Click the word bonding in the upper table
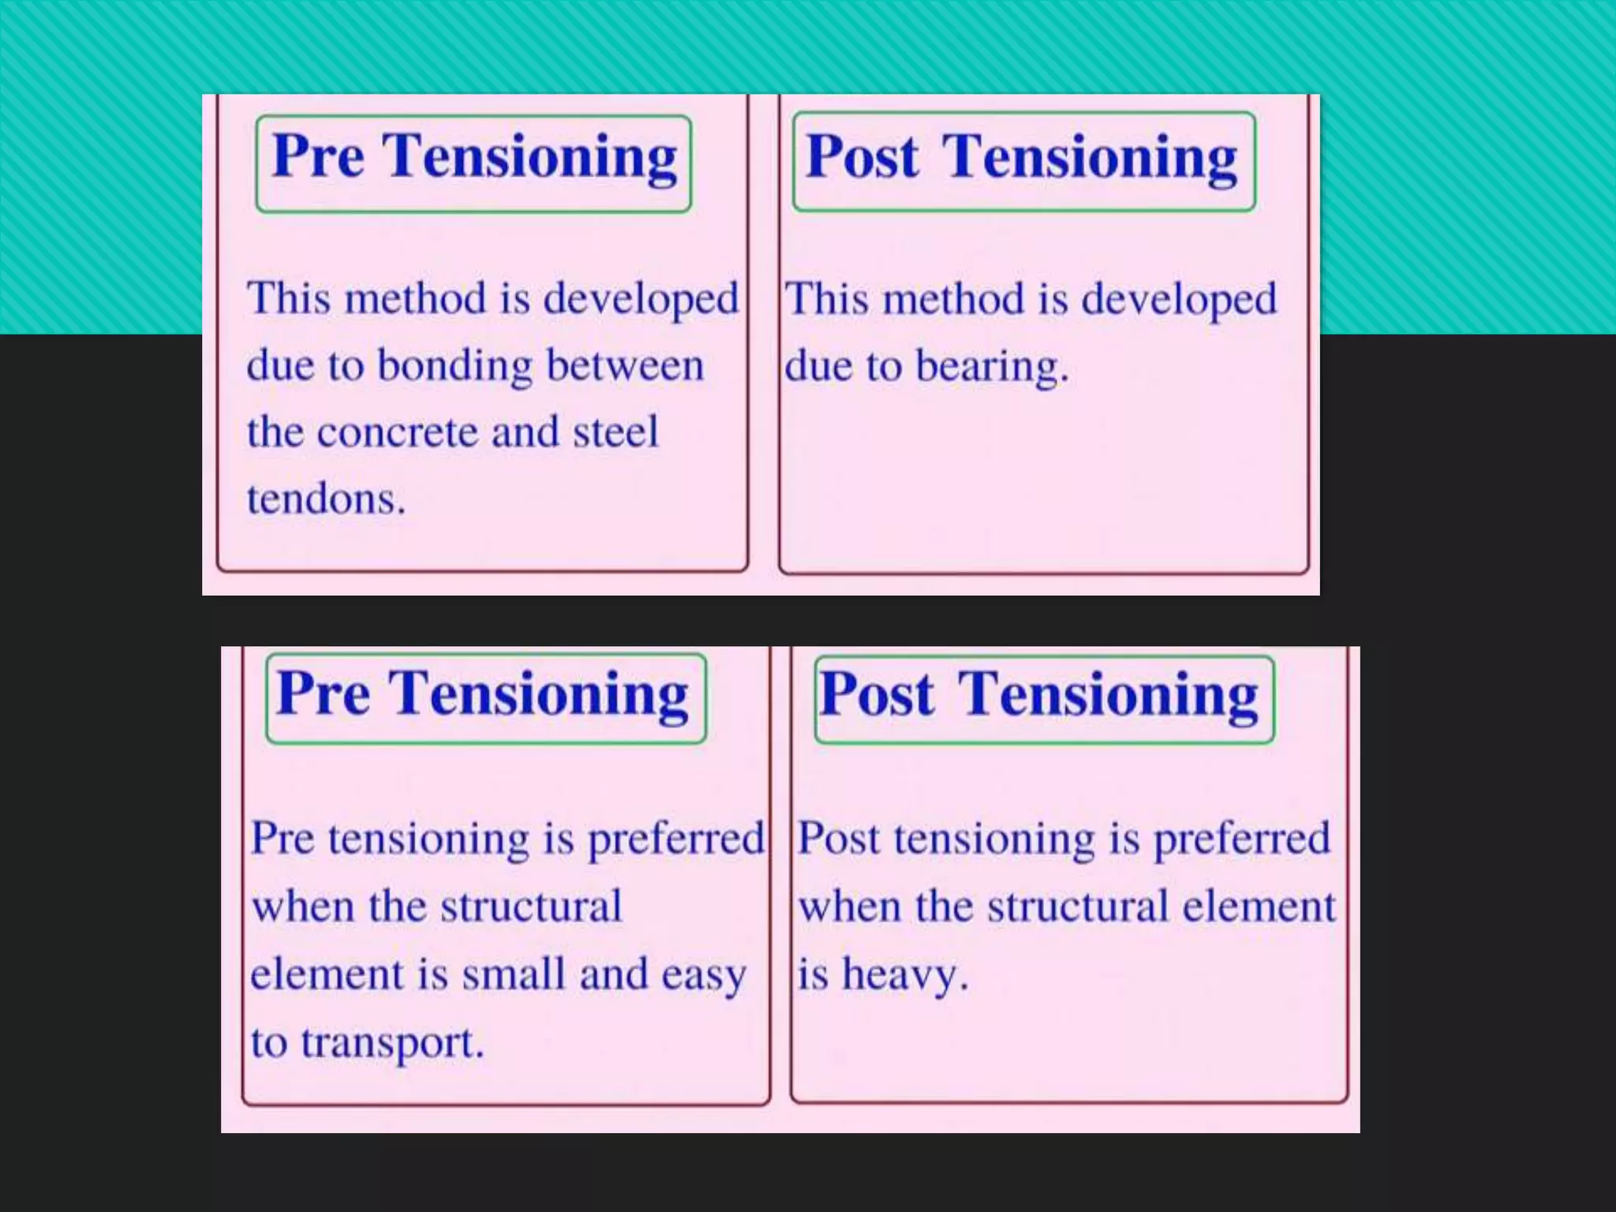tap(454, 367)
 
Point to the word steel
tap(615, 432)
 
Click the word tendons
tap(325, 499)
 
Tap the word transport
tap(391, 1042)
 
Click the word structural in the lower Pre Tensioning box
tap(531, 906)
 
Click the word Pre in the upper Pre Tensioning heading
tap(318, 155)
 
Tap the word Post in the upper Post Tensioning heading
tap(862, 156)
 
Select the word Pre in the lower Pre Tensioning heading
tap(324, 694)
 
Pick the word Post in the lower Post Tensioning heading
tap(877, 694)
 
